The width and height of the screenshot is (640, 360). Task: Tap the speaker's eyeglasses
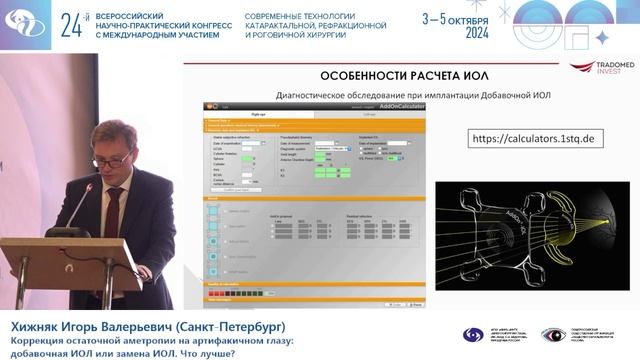coord(111,159)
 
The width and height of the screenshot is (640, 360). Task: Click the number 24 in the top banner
coord(71,24)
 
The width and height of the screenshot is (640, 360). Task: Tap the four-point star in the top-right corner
coord(602,37)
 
